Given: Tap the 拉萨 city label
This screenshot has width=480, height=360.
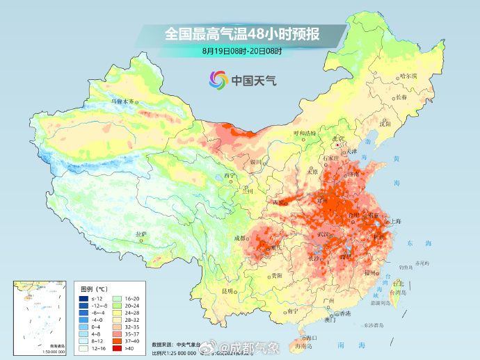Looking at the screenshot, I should coord(141,234).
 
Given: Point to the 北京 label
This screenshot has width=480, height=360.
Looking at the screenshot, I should coord(339,138).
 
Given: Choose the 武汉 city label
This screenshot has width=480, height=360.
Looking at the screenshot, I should coord(322,234).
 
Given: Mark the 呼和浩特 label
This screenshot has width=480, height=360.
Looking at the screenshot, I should coord(304,133).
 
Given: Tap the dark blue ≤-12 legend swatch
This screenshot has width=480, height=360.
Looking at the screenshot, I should coord(83,297).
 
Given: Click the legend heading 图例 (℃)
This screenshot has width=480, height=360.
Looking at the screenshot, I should coord(93,288).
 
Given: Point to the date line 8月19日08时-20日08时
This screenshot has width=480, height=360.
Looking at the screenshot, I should coord(241,51).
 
